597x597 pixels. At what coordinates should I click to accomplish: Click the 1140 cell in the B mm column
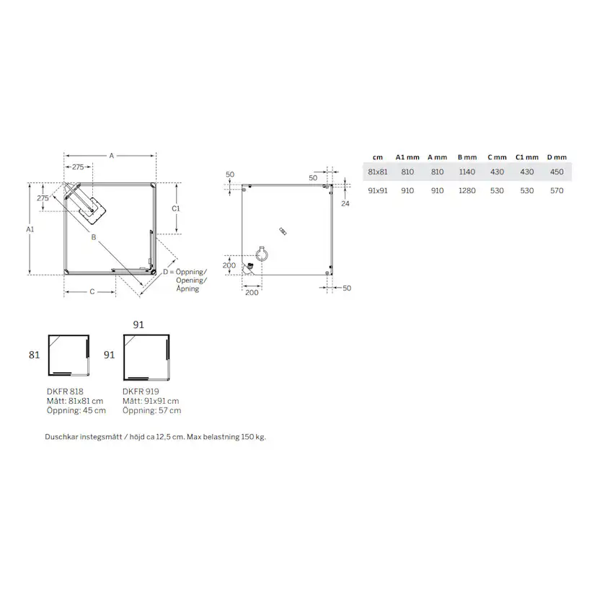click(466, 172)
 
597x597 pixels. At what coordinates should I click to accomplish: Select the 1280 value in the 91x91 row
click(466, 191)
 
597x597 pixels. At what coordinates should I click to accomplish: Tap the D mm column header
click(557, 156)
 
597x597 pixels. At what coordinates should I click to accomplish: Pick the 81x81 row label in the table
click(377, 172)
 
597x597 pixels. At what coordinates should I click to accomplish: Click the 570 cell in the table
click(557, 191)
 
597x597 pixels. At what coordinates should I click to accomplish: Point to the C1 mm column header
click(526, 156)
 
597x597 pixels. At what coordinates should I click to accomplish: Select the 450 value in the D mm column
click(557, 172)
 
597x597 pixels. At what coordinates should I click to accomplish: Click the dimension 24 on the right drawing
click(345, 204)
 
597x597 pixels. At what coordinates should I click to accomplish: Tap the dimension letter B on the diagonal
click(93, 236)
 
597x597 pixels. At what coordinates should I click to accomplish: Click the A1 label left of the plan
click(30, 229)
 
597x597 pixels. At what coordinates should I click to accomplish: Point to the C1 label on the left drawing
click(175, 208)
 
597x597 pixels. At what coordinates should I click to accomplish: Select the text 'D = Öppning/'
click(184, 271)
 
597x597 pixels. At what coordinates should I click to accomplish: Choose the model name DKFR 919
click(141, 391)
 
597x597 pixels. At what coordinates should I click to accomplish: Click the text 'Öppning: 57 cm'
click(151, 410)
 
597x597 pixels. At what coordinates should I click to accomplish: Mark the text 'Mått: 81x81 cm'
click(75, 401)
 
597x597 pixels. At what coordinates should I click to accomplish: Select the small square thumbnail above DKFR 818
click(68, 355)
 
